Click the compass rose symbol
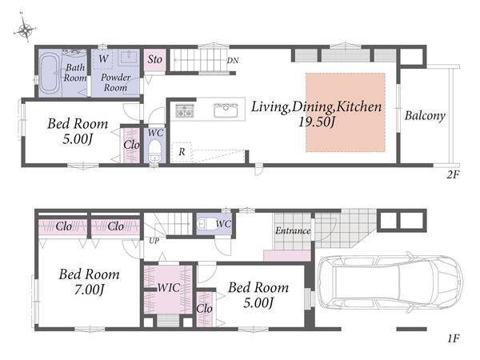point(25,29)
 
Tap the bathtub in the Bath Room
point(49,73)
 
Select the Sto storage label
point(155,59)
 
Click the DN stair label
point(233,61)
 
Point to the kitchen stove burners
point(185,110)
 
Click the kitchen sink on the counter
point(226,110)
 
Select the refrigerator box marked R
point(182,152)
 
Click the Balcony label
point(425,116)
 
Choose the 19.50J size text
point(317,122)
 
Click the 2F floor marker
point(453,174)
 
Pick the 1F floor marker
point(454,338)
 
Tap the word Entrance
point(293,230)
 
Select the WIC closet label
point(168,288)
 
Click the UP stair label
point(154,242)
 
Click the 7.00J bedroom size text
point(90,290)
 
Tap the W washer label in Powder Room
point(103,58)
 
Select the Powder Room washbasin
point(130,57)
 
